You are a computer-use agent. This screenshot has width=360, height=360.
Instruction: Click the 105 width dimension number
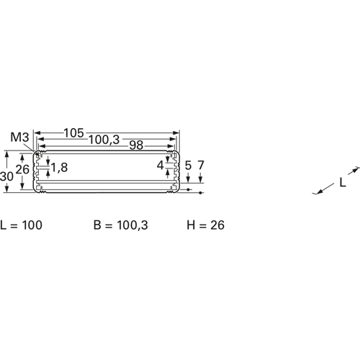point(74,133)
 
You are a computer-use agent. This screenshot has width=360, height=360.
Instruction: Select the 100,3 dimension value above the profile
point(104,140)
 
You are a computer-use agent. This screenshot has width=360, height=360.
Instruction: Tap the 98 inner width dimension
point(136,145)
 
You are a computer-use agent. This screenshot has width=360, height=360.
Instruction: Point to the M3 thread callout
point(19,138)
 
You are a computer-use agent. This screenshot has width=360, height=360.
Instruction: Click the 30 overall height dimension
point(6,176)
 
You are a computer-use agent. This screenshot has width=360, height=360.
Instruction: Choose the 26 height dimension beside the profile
point(22,169)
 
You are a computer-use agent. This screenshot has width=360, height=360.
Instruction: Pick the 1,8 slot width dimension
point(60,167)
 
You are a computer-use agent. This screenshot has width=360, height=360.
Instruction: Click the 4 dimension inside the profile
point(161,166)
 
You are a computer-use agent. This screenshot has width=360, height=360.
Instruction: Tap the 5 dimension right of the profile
point(189,166)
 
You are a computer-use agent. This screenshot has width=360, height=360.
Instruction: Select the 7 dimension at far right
point(201,165)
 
